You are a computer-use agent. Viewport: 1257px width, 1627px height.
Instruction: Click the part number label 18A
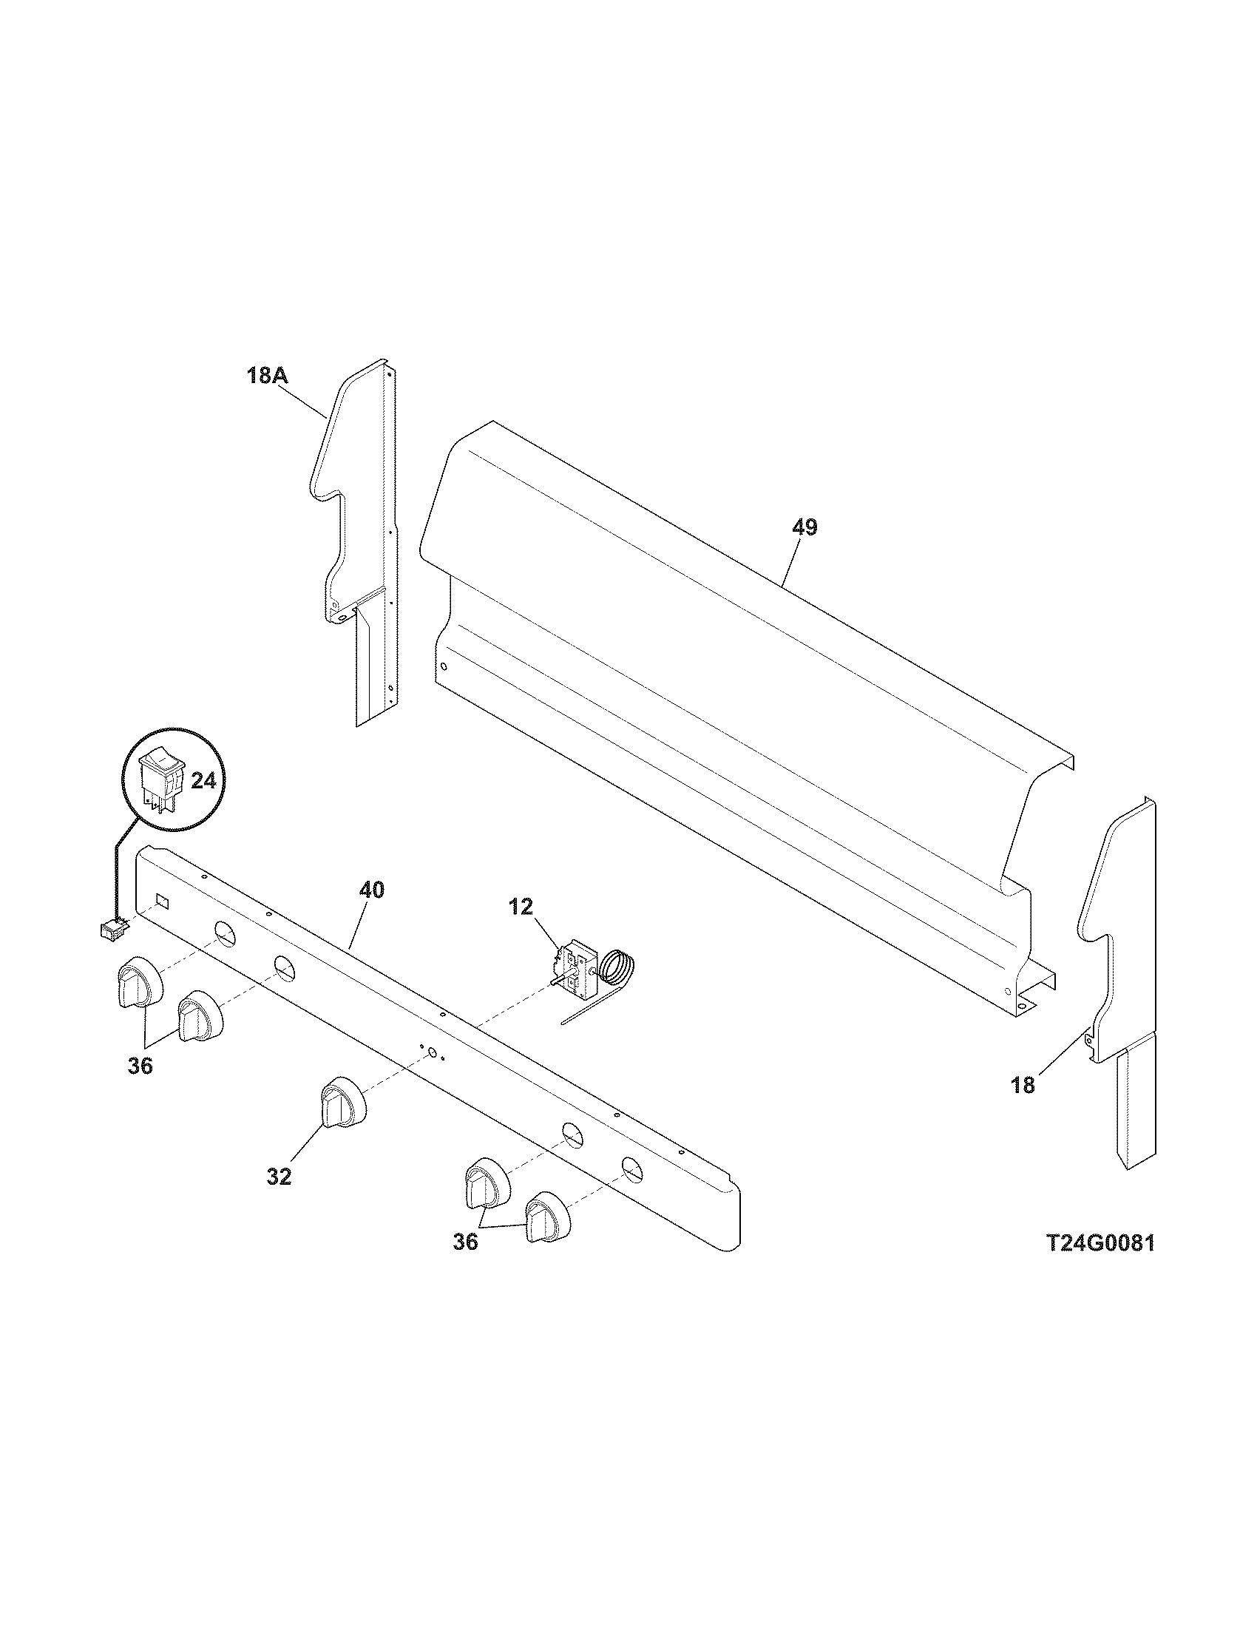(268, 376)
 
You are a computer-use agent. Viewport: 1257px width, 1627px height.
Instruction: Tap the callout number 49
(804, 527)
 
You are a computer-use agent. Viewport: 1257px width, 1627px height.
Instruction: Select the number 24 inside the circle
(203, 780)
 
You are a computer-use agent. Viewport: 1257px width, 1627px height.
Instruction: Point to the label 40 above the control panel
(372, 890)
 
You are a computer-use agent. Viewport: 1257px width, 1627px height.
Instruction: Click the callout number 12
(521, 907)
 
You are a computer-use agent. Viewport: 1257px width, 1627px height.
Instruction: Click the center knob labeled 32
(342, 1108)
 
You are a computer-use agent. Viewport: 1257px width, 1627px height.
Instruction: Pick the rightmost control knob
(548, 1216)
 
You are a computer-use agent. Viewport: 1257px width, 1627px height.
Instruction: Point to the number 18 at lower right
(1023, 1086)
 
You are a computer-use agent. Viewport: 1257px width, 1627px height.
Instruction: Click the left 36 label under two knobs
(140, 1066)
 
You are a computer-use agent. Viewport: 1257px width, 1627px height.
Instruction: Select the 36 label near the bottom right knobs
(465, 1242)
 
